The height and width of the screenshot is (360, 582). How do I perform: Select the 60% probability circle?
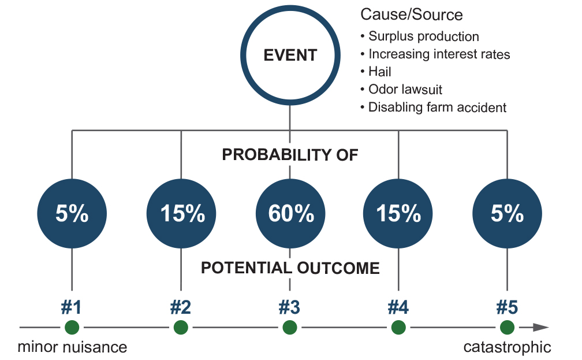click(290, 214)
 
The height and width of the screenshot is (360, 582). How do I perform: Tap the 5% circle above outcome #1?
click(72, 214)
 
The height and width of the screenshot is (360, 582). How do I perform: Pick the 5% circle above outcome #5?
click(507, 214)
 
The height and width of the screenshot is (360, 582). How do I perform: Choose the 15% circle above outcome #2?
click(181, 214)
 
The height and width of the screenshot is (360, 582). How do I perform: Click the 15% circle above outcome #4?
click(398, 214)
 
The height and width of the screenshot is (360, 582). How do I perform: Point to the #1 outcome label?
click(71, 307)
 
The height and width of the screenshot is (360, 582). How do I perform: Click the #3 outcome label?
click(289, 307)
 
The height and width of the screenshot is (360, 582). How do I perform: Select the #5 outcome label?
click(507, 307)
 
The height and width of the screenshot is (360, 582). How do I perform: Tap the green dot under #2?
click(181, 328)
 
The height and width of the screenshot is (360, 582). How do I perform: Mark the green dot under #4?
click(398, 328)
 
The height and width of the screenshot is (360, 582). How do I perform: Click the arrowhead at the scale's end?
click(541, 327)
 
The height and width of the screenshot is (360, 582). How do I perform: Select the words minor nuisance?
click(72, 347)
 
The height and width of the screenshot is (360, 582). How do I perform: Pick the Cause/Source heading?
click(412, 14)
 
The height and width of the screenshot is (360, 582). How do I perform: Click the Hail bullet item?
click(376, 71)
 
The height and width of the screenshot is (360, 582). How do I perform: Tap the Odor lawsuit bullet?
click(401, 89)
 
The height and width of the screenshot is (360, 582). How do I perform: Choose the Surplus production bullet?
click(419, 36)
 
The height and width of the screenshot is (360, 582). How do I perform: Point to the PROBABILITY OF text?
click(290, 155)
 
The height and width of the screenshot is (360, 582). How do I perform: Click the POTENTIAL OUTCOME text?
click(290, 268)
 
